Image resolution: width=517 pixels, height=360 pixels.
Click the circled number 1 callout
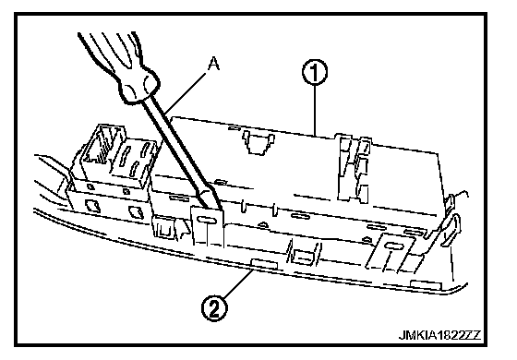(x=315, y=73)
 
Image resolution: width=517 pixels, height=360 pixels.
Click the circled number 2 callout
(x=214, y=309)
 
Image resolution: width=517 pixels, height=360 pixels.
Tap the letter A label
(x=213, y=64)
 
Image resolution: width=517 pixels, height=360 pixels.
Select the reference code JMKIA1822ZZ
(x=439, y=336)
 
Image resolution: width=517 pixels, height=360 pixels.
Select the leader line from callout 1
(x=315, y=111)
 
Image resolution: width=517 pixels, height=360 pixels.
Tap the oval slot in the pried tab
(x=205, y=220)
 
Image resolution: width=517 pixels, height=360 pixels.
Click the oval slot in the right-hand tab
(x=393, y=246)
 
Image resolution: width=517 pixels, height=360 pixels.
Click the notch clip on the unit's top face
(x=258, y=142)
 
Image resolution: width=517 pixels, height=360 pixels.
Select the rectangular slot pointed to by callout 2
(x=264, y=263)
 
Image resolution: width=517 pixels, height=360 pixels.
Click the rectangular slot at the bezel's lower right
(x=426, y=285)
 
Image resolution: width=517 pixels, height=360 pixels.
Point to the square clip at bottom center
(x=304, y=255)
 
